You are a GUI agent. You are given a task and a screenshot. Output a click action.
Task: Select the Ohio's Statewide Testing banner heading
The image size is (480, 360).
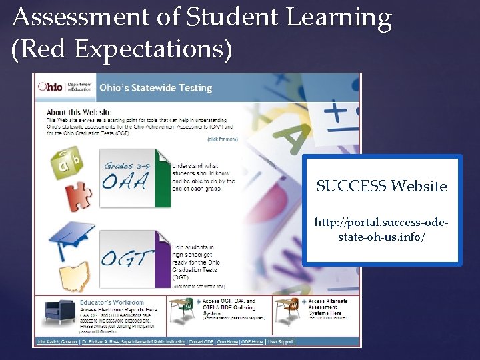click(x=155, y=88)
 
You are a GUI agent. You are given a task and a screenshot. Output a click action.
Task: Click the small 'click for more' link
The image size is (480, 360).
click(x=222, y=139)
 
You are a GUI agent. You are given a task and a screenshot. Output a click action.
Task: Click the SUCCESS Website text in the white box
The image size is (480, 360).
click(x=381, y=186)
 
